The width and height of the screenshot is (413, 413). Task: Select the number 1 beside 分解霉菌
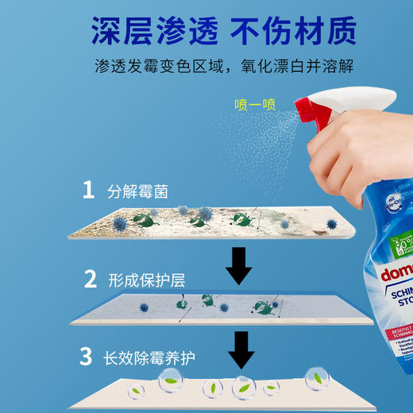(x=90, y=191)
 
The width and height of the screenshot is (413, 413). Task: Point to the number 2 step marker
(x=91, y=279)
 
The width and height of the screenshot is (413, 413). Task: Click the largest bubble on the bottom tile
(x=242, y=388)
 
